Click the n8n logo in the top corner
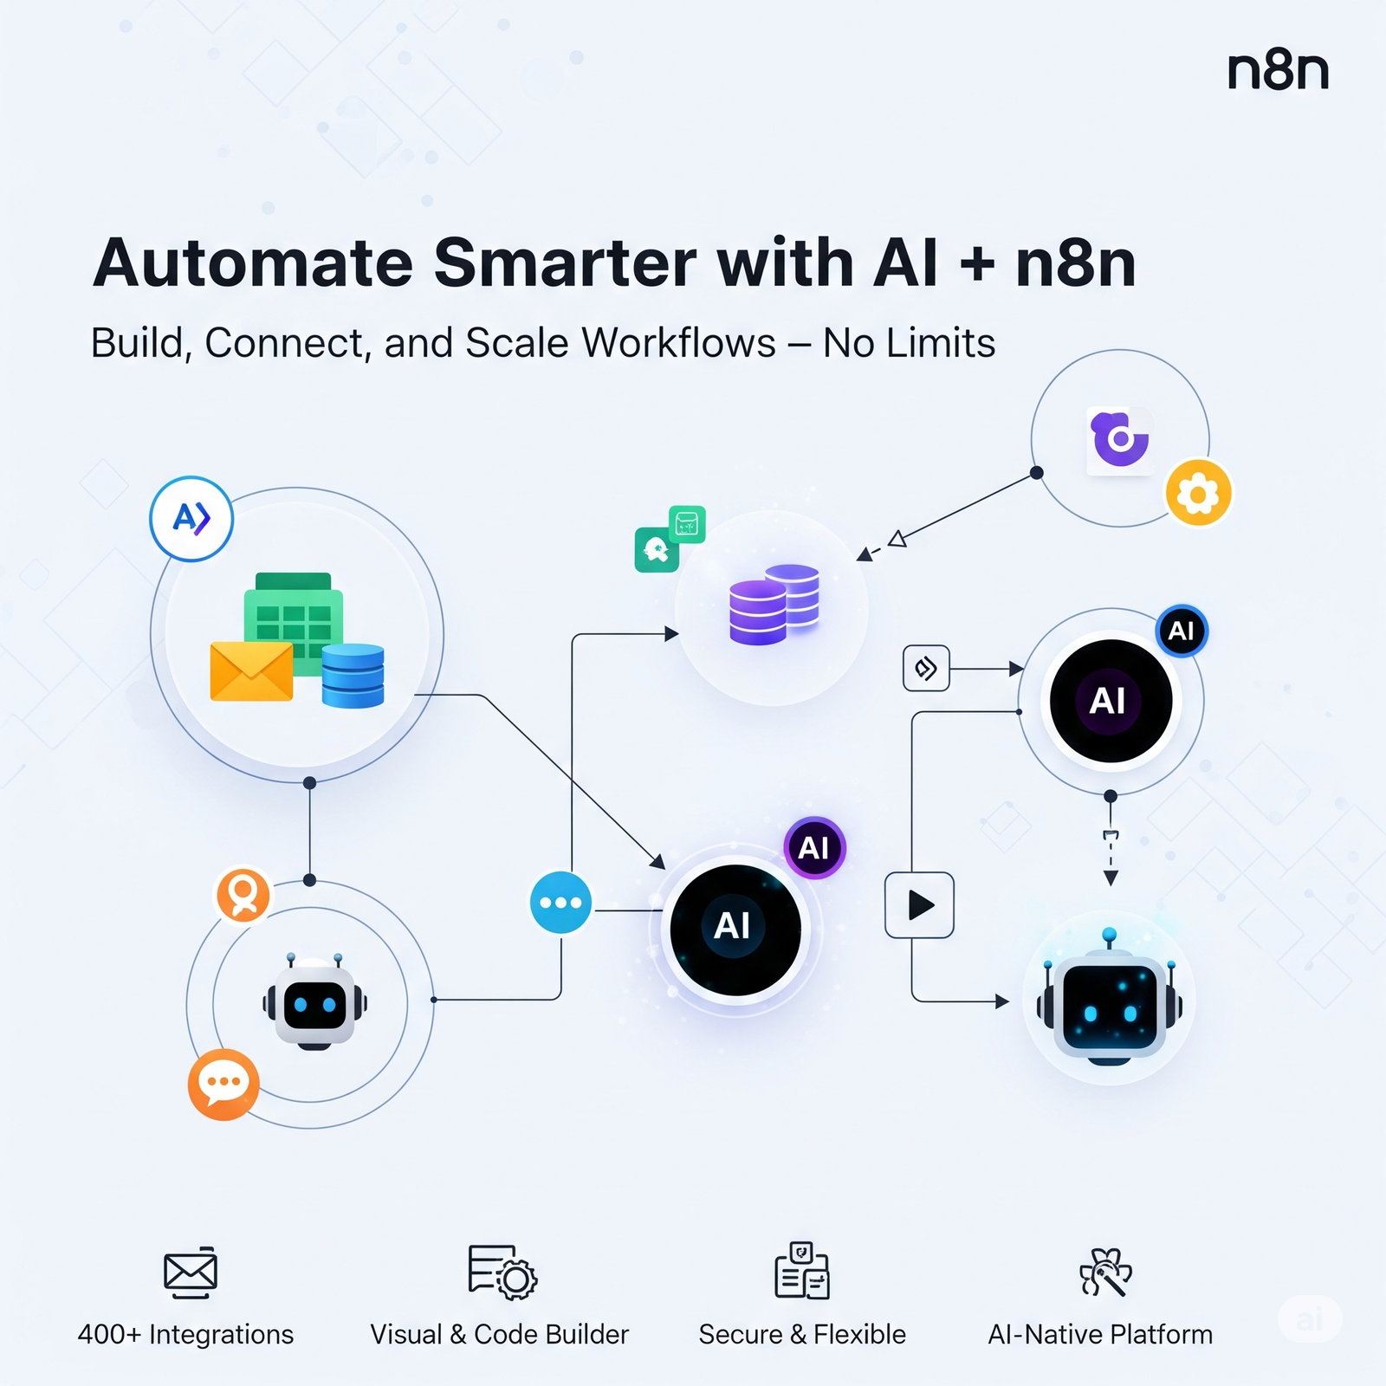(1278, 71)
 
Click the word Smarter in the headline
(565, 262)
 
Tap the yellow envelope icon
(251, 670)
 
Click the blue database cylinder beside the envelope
(353, 676)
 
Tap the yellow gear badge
(1198, 493)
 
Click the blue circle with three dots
(560, 903)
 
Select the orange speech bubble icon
(223, 1084)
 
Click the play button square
(919, 905)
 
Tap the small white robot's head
(314, 1003)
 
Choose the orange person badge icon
(243, 895)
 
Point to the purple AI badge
(814, 847)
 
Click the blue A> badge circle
(191, 519)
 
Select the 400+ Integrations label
(185, 1334)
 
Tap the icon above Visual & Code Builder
(502, 1272)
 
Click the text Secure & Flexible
(802, 1334)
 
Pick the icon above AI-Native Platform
(1105, 1272)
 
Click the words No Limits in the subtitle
(909, 343)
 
